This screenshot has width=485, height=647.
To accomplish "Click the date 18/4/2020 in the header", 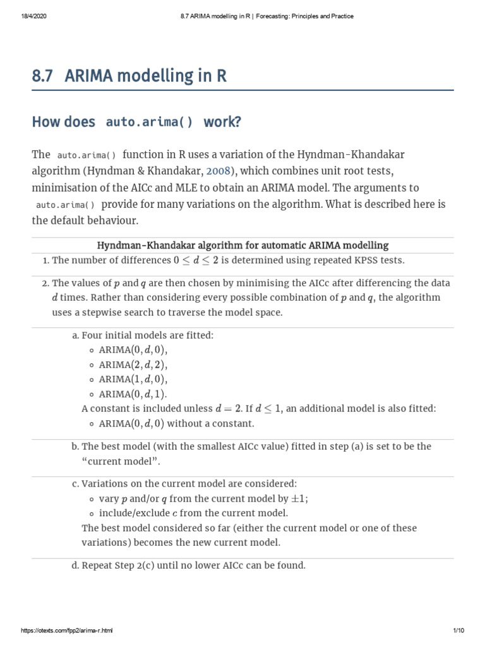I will pos(30,16).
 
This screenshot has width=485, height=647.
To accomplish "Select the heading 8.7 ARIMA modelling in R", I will pos(129,76).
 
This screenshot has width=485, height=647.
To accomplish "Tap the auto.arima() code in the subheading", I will pos(150,122).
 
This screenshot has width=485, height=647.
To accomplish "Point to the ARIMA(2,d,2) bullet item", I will pos(133,365).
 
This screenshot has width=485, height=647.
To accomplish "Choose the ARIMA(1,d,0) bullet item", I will pos(133,379).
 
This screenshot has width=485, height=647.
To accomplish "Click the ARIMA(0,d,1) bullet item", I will pos(133,394).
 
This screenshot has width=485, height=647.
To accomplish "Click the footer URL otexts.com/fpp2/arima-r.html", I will pos(67,631).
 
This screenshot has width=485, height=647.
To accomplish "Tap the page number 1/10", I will pos(458,631).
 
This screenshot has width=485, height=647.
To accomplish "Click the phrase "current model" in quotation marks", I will pos(120,461).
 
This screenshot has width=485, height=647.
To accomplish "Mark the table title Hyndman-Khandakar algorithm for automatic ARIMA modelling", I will pos(242,245).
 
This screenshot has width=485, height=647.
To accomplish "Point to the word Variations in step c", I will pos(104,483).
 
